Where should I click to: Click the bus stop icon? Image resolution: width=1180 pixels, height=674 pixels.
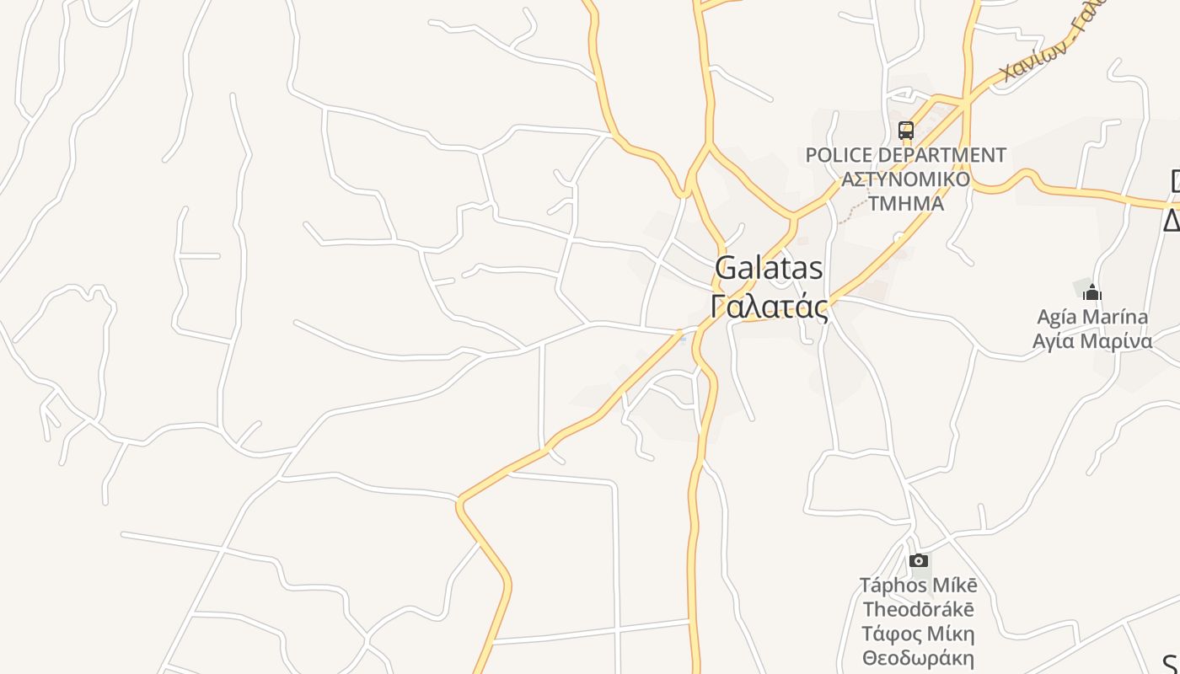tap(906, 131)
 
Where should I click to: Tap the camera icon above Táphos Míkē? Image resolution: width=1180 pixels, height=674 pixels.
tap(919, 561)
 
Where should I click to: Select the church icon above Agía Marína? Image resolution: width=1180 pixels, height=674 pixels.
tap(1092, 293)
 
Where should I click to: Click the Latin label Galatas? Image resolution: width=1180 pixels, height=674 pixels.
tap(769, 269)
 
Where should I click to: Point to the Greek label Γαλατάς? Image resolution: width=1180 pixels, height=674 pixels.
tap(769, 308)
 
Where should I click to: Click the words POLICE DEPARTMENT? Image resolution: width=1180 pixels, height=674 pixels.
tap(906, 156)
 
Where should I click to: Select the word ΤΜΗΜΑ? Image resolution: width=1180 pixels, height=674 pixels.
tap(906, 203)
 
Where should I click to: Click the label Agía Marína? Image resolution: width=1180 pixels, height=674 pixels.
tap(1092, 318)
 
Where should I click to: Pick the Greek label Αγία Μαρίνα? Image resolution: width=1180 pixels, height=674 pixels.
tap(1092, 341)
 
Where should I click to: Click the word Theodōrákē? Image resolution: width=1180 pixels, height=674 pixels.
tap(919, 609)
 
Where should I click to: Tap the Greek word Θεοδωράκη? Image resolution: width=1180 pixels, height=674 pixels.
tap(919, 658)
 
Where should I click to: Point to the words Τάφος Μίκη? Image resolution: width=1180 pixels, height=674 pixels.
tap(919, 634)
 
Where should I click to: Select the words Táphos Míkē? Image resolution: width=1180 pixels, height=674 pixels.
tap(919, 585)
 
